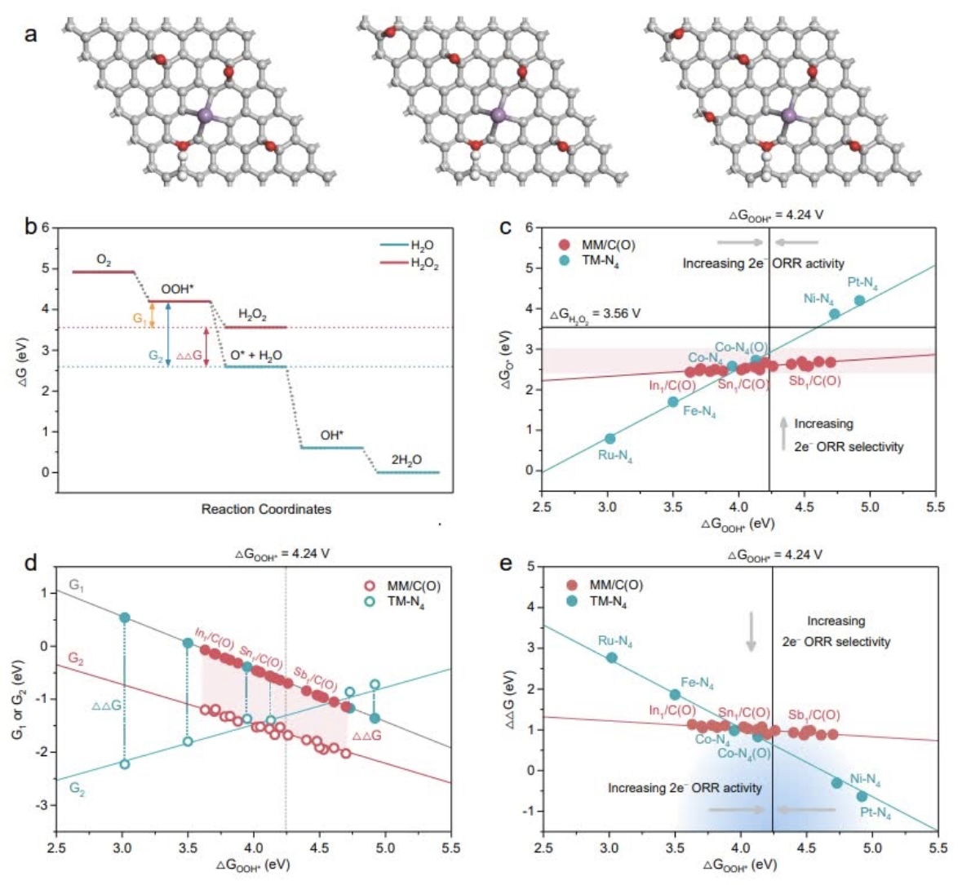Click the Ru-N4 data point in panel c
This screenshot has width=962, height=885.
click(610, 438)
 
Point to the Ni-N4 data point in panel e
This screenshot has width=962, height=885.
click(836, 782)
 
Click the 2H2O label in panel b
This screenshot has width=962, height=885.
click(406, 460)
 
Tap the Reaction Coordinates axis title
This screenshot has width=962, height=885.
click(266, 509)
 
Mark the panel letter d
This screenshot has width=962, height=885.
click(30, 564)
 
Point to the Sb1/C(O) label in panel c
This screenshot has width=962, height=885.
click(814, 380)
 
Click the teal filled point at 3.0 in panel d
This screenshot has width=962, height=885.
click(125, 617)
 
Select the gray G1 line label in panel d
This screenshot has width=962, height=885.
click(76, 585)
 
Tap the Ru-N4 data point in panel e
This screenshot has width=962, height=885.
click(612, 657)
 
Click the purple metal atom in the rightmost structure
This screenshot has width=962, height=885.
click(789, 116)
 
